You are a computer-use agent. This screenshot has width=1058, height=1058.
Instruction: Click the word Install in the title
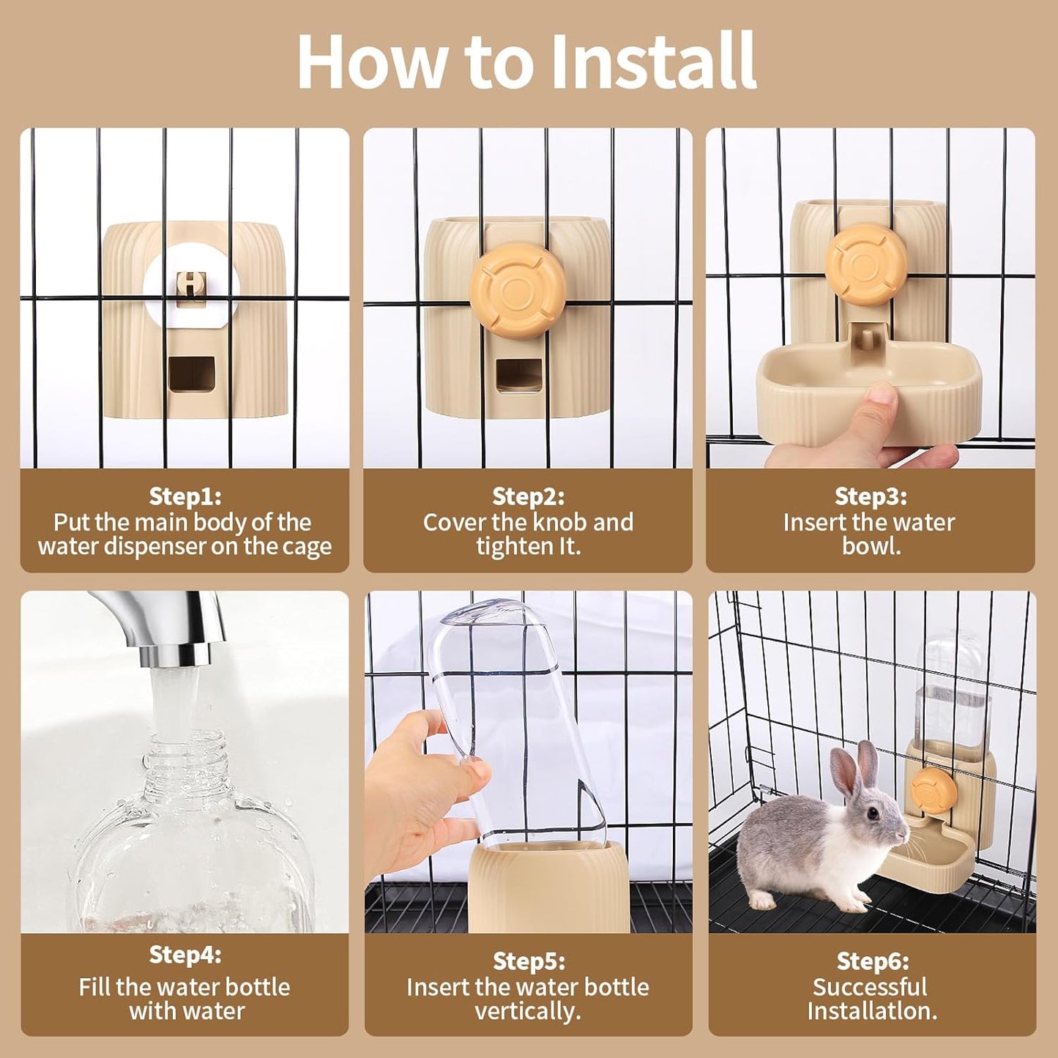tap(652, 62)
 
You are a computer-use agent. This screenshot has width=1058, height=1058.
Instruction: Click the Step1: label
tap(185, 496)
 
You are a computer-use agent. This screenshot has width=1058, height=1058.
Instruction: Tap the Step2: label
tap(528, 496)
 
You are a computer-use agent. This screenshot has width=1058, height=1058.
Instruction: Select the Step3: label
tap(871, 496)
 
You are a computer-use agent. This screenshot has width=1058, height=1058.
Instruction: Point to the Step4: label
tap(185, 955)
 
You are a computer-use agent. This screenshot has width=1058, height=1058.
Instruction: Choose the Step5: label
tap(528, 961)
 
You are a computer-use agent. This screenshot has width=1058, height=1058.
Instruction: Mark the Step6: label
tap(872, 961)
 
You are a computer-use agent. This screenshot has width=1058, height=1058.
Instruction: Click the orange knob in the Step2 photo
tap(518, 288)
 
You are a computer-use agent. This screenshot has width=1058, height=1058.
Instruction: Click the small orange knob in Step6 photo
tap(934, 791)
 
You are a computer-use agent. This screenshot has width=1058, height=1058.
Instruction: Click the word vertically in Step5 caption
tap(527, 1011)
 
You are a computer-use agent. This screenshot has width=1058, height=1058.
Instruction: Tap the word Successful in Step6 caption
tap(870, 987)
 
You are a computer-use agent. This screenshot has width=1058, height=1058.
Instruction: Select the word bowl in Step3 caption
tap(871, 546)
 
